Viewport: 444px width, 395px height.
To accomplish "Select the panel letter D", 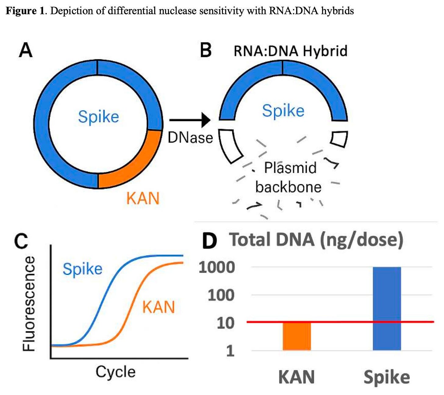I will click(209, 241).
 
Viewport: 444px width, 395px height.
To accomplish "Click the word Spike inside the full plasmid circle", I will click(98, 117).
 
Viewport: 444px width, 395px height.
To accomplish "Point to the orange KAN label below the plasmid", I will click(143, 199).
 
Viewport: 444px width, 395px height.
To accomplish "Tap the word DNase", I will click(190, 138).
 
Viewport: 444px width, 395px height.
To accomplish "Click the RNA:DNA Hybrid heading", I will click(290, 51).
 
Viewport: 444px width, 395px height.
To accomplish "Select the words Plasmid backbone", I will click(289, 177).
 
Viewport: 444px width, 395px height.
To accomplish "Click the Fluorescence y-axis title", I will click(29, 304).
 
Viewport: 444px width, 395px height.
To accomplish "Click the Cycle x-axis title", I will click(116, 372).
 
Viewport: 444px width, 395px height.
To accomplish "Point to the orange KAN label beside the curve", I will click(159, 307).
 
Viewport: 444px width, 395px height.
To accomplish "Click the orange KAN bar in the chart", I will click(297, 336).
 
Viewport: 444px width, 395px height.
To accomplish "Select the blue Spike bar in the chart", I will click(387, 308).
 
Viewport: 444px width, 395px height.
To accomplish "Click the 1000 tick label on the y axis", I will click(217, 268).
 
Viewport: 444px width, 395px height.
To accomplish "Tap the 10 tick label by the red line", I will click(225, 323).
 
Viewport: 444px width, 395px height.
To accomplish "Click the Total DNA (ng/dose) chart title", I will click(316, 240).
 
